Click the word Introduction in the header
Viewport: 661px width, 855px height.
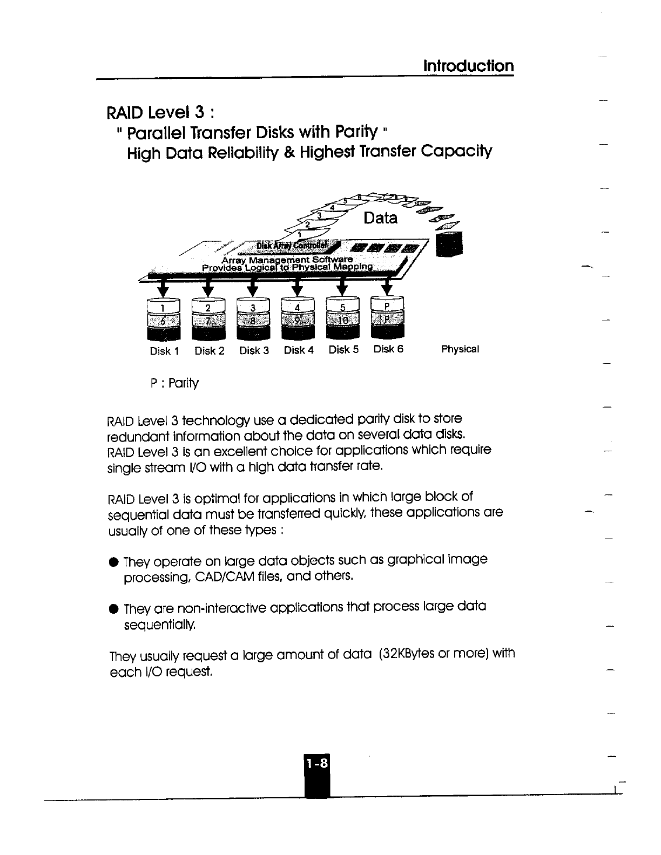[x=468, y=66]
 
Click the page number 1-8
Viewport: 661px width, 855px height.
[x=316, y=763]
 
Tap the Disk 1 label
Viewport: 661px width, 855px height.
[x=164, y=351]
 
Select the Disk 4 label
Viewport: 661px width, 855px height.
[x=299, y=350]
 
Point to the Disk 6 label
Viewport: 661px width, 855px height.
[x=388, y=349]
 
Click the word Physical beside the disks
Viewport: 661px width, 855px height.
[x=460, y=349]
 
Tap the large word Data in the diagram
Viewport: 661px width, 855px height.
[x=381, y=218]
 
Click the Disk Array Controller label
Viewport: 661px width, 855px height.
[x=291, y=246]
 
